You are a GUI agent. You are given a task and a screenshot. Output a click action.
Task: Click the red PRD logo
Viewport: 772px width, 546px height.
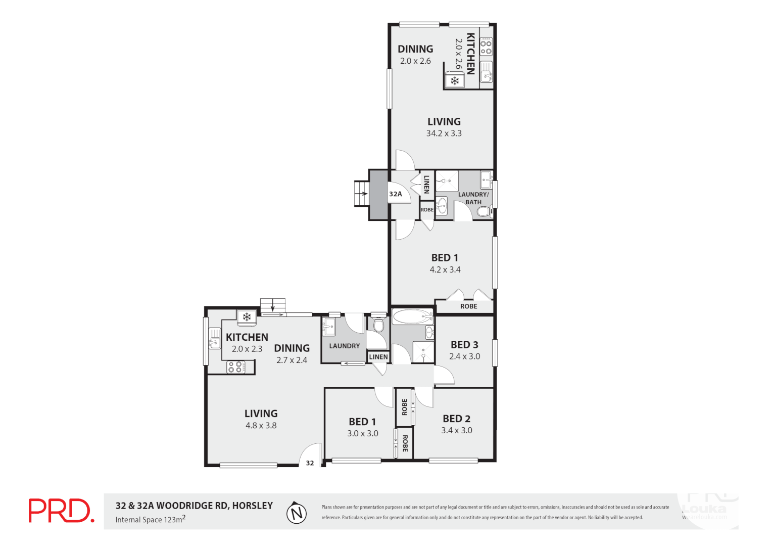click(61, 511)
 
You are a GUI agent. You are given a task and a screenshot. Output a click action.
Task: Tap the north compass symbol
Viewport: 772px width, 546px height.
click(297, 514)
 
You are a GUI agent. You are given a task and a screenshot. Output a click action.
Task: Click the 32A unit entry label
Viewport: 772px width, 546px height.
click(396, 194)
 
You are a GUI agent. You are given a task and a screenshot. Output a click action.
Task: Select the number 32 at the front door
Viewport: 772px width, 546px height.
click(310, 463)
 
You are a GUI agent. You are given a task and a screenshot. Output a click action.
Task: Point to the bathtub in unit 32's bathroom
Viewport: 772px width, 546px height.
click(413, 317)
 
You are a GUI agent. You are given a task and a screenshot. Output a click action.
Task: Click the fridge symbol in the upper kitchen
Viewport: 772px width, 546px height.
click(455, 81)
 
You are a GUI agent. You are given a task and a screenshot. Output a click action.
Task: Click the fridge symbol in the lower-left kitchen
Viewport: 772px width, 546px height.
click(247, 317)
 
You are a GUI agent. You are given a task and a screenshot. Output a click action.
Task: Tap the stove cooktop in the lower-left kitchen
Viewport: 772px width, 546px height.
click(235, 367)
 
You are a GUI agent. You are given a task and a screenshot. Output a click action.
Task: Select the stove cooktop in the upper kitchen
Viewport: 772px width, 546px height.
click(486, 47)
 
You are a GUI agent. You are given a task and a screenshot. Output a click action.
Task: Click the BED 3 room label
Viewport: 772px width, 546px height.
click(464, 345)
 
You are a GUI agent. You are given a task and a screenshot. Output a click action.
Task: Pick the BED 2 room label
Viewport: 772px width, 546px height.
click(456, 419)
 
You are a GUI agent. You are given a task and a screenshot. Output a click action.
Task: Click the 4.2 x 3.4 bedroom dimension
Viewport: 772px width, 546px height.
click(445, 270)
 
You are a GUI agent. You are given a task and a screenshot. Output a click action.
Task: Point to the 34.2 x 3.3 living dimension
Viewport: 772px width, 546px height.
click(444, 133)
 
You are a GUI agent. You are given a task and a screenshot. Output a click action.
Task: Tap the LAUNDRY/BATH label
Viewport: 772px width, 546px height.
click(473, 198)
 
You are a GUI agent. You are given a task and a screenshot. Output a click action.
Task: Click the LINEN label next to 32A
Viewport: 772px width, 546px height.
click(426, 184)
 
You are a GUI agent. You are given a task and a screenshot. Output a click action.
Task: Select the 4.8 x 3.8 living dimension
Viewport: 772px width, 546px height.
click(261, 426)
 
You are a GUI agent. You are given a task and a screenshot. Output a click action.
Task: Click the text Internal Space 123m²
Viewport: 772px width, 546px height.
click(151, 520)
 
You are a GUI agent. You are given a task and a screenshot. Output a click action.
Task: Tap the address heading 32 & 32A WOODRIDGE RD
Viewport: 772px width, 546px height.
click(194, 506)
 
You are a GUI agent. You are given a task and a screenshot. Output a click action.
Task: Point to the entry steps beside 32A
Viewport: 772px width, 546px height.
click(361, 194)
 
